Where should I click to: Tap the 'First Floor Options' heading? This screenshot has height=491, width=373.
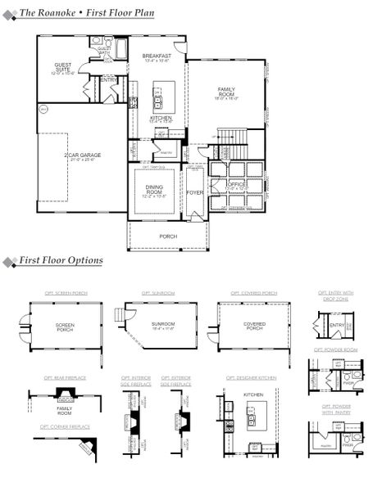click(x=61, y=260)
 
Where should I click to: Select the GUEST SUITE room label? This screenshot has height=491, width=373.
click(x=62, y=67)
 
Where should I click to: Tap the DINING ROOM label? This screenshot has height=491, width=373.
click(x=154, y=191)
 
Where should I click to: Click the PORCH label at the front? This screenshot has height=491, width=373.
click(x=168, y=236)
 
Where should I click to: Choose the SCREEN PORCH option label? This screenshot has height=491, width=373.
click(x=65, y=327)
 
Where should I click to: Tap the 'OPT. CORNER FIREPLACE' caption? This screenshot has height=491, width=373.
click(x=66, y=426)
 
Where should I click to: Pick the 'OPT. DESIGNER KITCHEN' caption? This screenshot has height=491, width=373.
click(x=251, y=377)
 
